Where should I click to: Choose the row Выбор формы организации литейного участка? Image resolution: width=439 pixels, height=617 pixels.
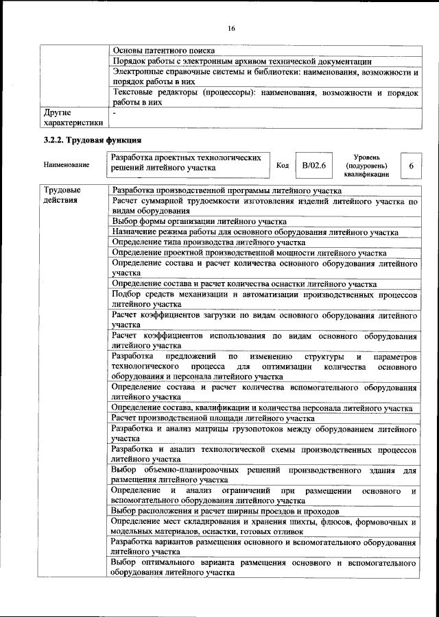199,221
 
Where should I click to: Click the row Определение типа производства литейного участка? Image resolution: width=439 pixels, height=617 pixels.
209,242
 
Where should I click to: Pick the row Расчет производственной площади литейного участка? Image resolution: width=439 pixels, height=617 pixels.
213,418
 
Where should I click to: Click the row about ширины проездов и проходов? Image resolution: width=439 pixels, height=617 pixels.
224,512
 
